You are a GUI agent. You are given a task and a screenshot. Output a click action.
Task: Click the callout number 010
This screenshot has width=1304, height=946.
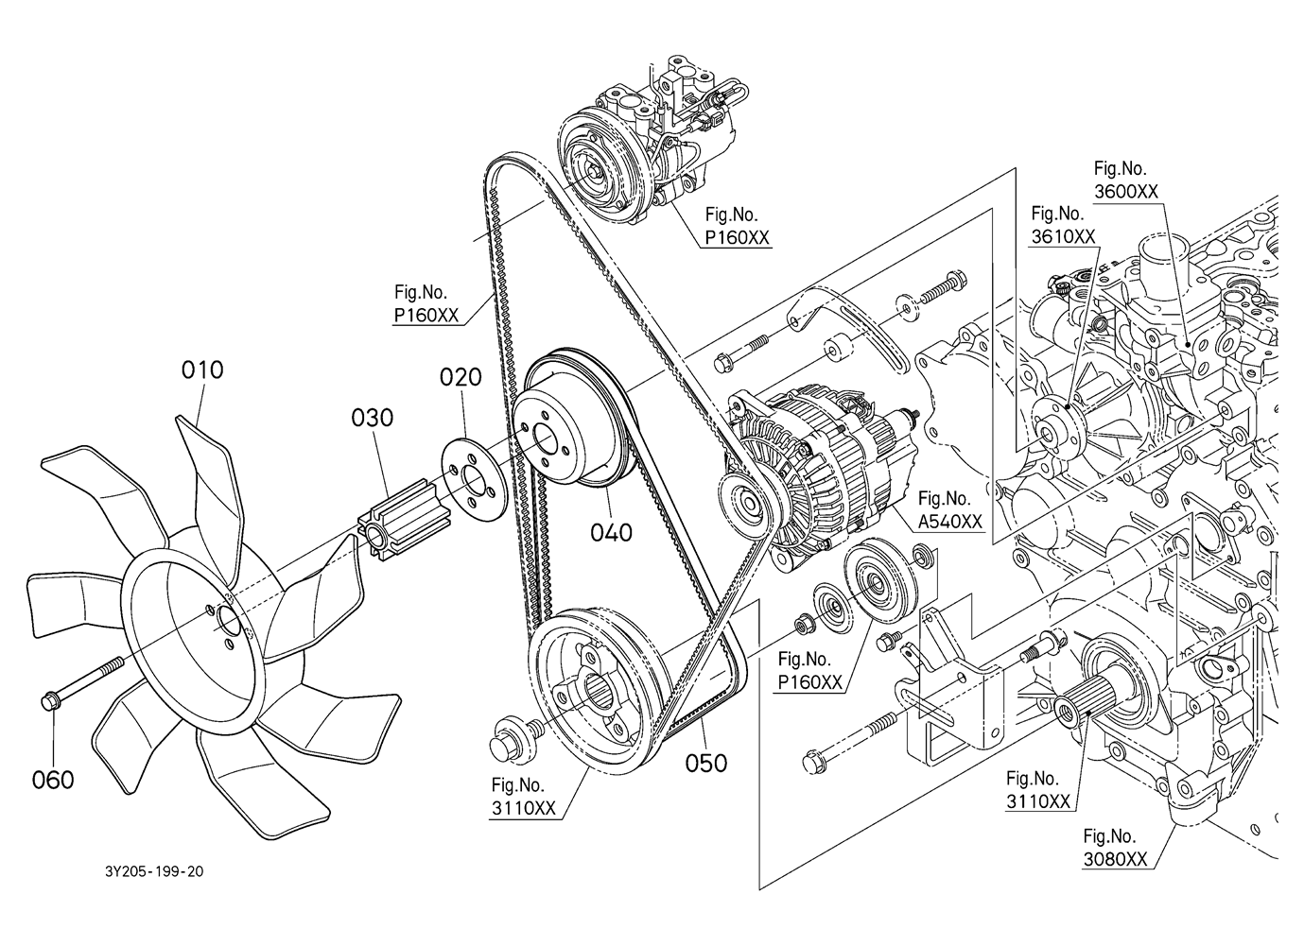202,370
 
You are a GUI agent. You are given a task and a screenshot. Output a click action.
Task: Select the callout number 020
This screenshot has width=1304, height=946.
461,377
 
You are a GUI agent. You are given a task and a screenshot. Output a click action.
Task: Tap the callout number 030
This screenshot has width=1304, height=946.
373,417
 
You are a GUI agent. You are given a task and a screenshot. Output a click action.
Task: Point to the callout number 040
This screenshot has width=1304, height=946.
611,533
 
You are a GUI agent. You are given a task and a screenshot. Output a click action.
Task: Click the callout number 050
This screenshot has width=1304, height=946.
706,762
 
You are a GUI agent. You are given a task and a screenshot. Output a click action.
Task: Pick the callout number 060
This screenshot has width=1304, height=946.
53,780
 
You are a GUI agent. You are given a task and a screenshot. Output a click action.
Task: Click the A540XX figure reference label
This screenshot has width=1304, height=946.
950,509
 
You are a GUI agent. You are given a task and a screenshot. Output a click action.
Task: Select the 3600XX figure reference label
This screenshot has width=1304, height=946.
1125,180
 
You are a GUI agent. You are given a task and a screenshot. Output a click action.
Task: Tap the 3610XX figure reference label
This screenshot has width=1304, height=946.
1063,225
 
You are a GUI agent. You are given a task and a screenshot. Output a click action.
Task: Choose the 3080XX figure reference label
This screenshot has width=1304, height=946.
1115,848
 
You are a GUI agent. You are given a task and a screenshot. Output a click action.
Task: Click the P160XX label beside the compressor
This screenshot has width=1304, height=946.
738,227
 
